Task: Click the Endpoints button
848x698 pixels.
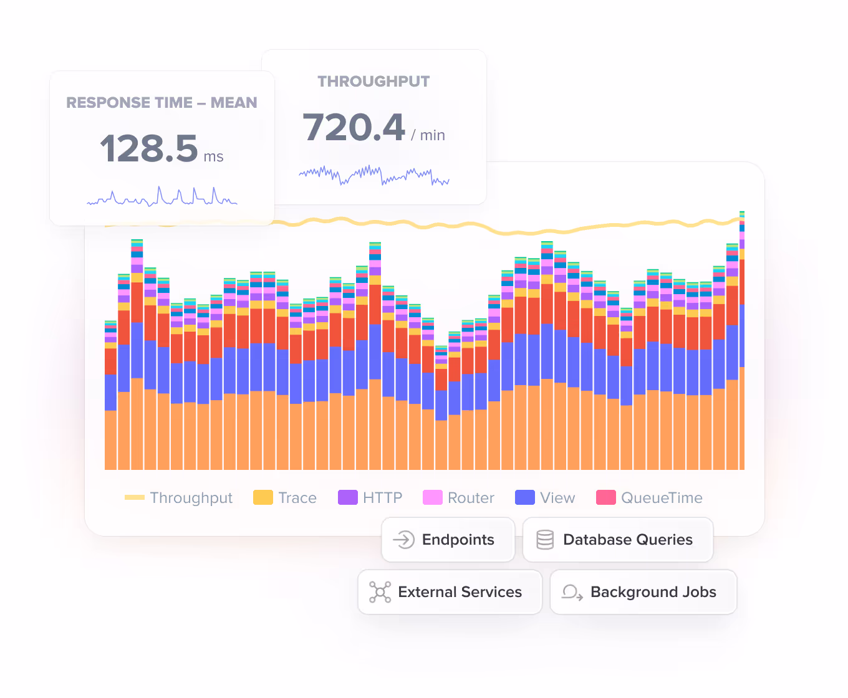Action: point(448,540)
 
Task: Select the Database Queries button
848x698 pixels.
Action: point(617,540)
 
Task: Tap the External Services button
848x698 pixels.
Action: point(450,592)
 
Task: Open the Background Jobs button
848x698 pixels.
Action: point(643,592)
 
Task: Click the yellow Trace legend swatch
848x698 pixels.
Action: point(263,497)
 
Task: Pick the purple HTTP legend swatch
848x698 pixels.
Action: point(347,497)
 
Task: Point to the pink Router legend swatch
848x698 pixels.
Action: point(432,497)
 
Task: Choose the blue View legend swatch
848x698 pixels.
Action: point(524,497)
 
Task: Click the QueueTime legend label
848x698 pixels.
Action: point(662,498)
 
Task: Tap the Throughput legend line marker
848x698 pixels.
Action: point(135,497)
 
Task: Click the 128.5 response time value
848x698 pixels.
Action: point(149,149)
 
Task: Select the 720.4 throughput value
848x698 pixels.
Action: point(354,128)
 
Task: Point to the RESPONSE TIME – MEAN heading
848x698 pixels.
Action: point(161,103)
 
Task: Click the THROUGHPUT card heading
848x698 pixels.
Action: point(373,82)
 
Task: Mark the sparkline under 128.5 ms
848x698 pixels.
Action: point(162,197)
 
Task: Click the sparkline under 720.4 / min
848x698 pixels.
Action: point(374,176)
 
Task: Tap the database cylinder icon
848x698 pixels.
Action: point(545,540)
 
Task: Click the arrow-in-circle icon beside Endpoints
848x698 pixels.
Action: point(404,540)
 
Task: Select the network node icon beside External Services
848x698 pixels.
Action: point(380,592)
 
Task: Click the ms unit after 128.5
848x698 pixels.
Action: point(213,157)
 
